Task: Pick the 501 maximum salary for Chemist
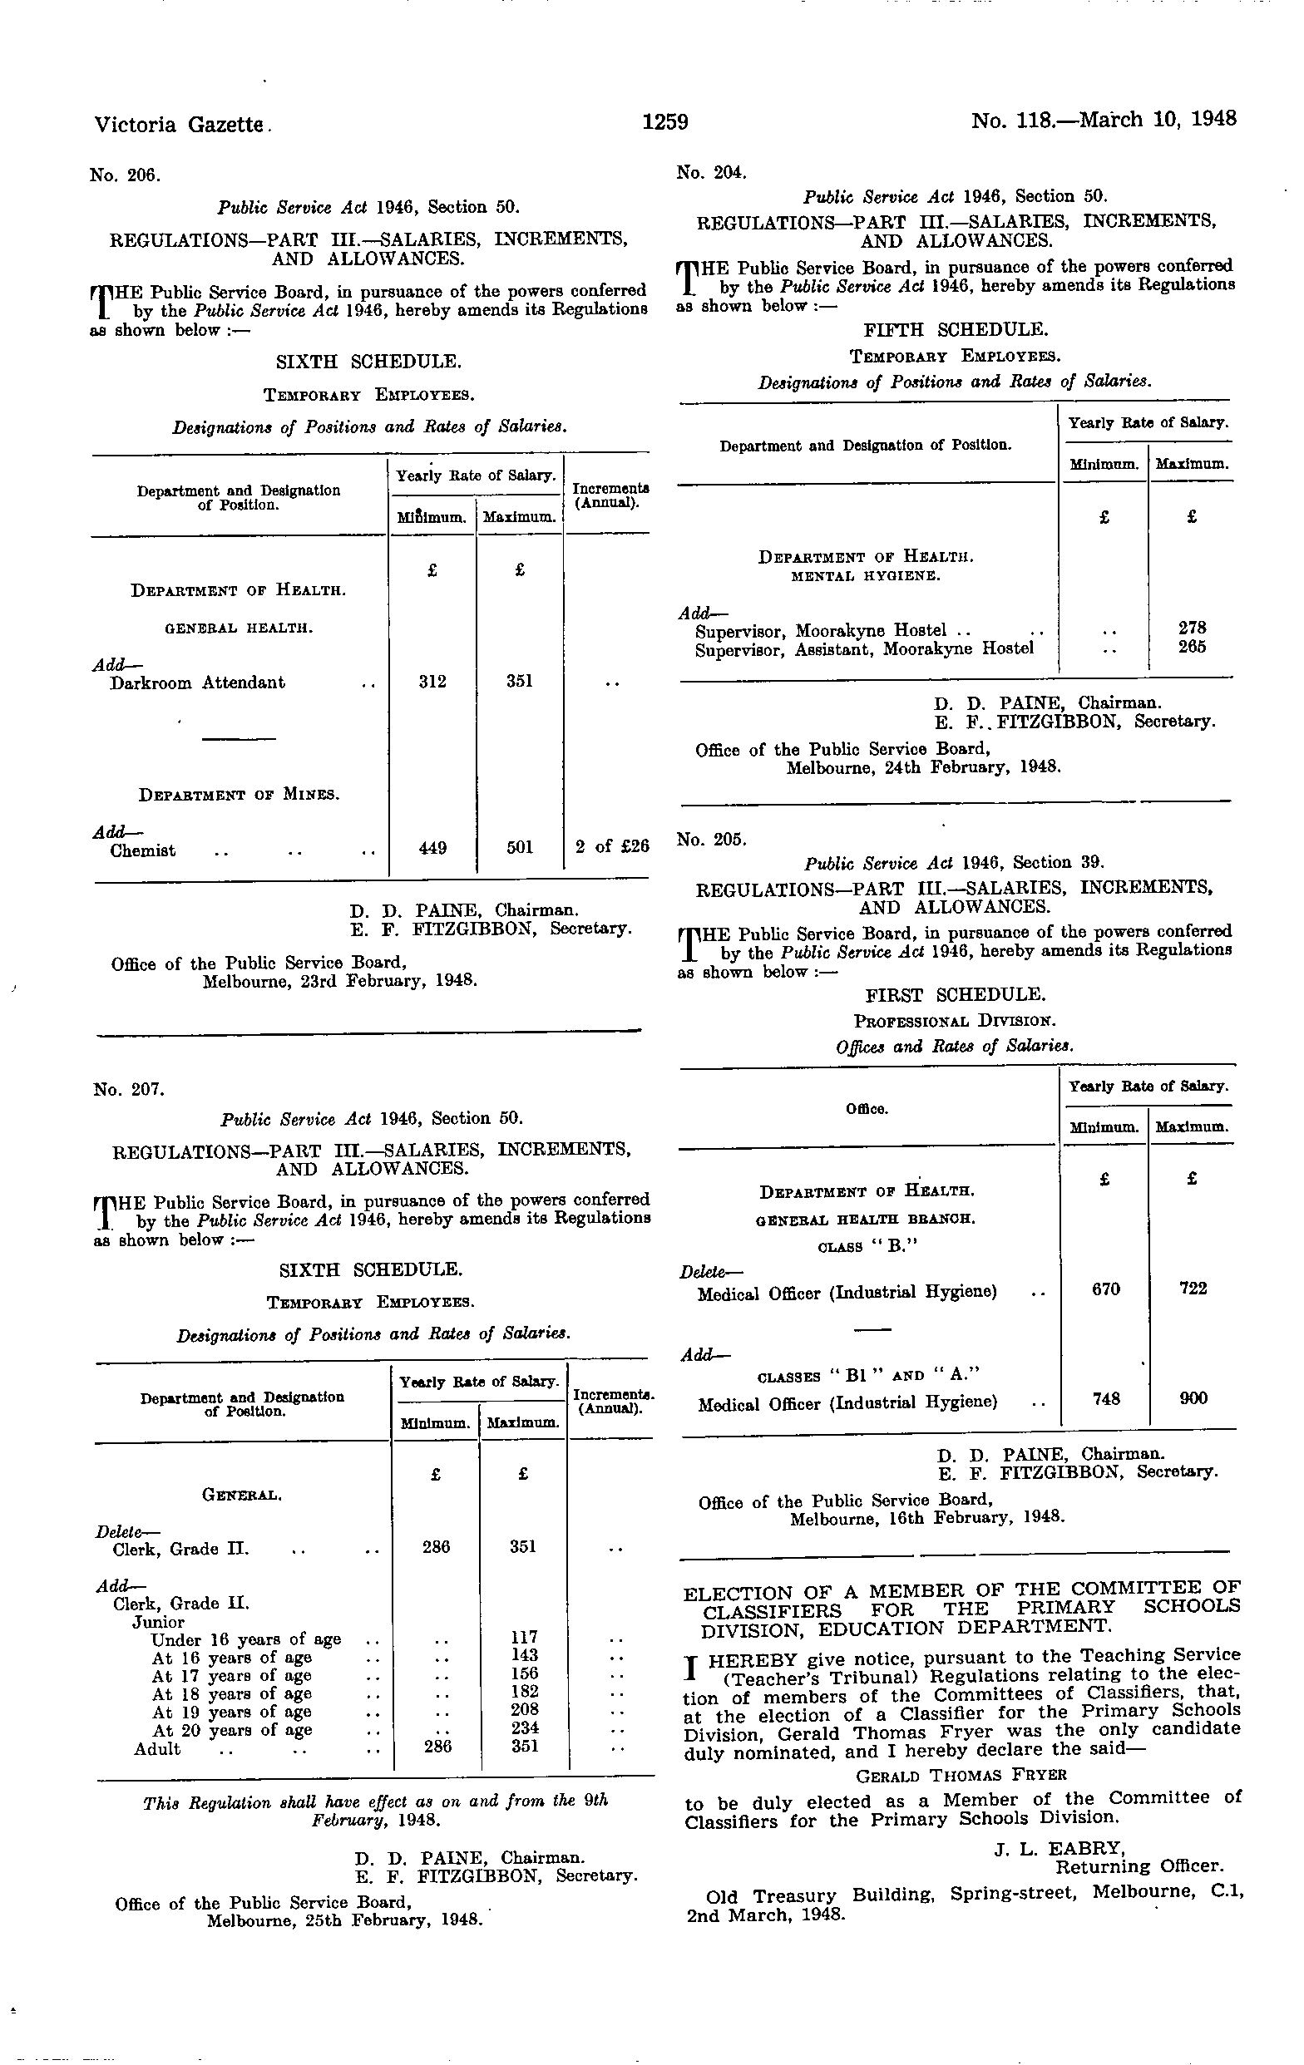coord(520,847)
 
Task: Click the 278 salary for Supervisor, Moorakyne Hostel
coord(1193,628)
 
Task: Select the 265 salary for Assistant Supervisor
coord(1193,647)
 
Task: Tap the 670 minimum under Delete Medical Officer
coord(1106,1289)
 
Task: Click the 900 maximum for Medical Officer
coord(1193,1398)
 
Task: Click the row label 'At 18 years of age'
coord(232,1693)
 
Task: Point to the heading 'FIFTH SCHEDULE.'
coord(956,329)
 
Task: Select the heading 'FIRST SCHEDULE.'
coord(956,995)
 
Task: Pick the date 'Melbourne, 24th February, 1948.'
coord(924,767)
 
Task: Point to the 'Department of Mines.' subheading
coord(240,795)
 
